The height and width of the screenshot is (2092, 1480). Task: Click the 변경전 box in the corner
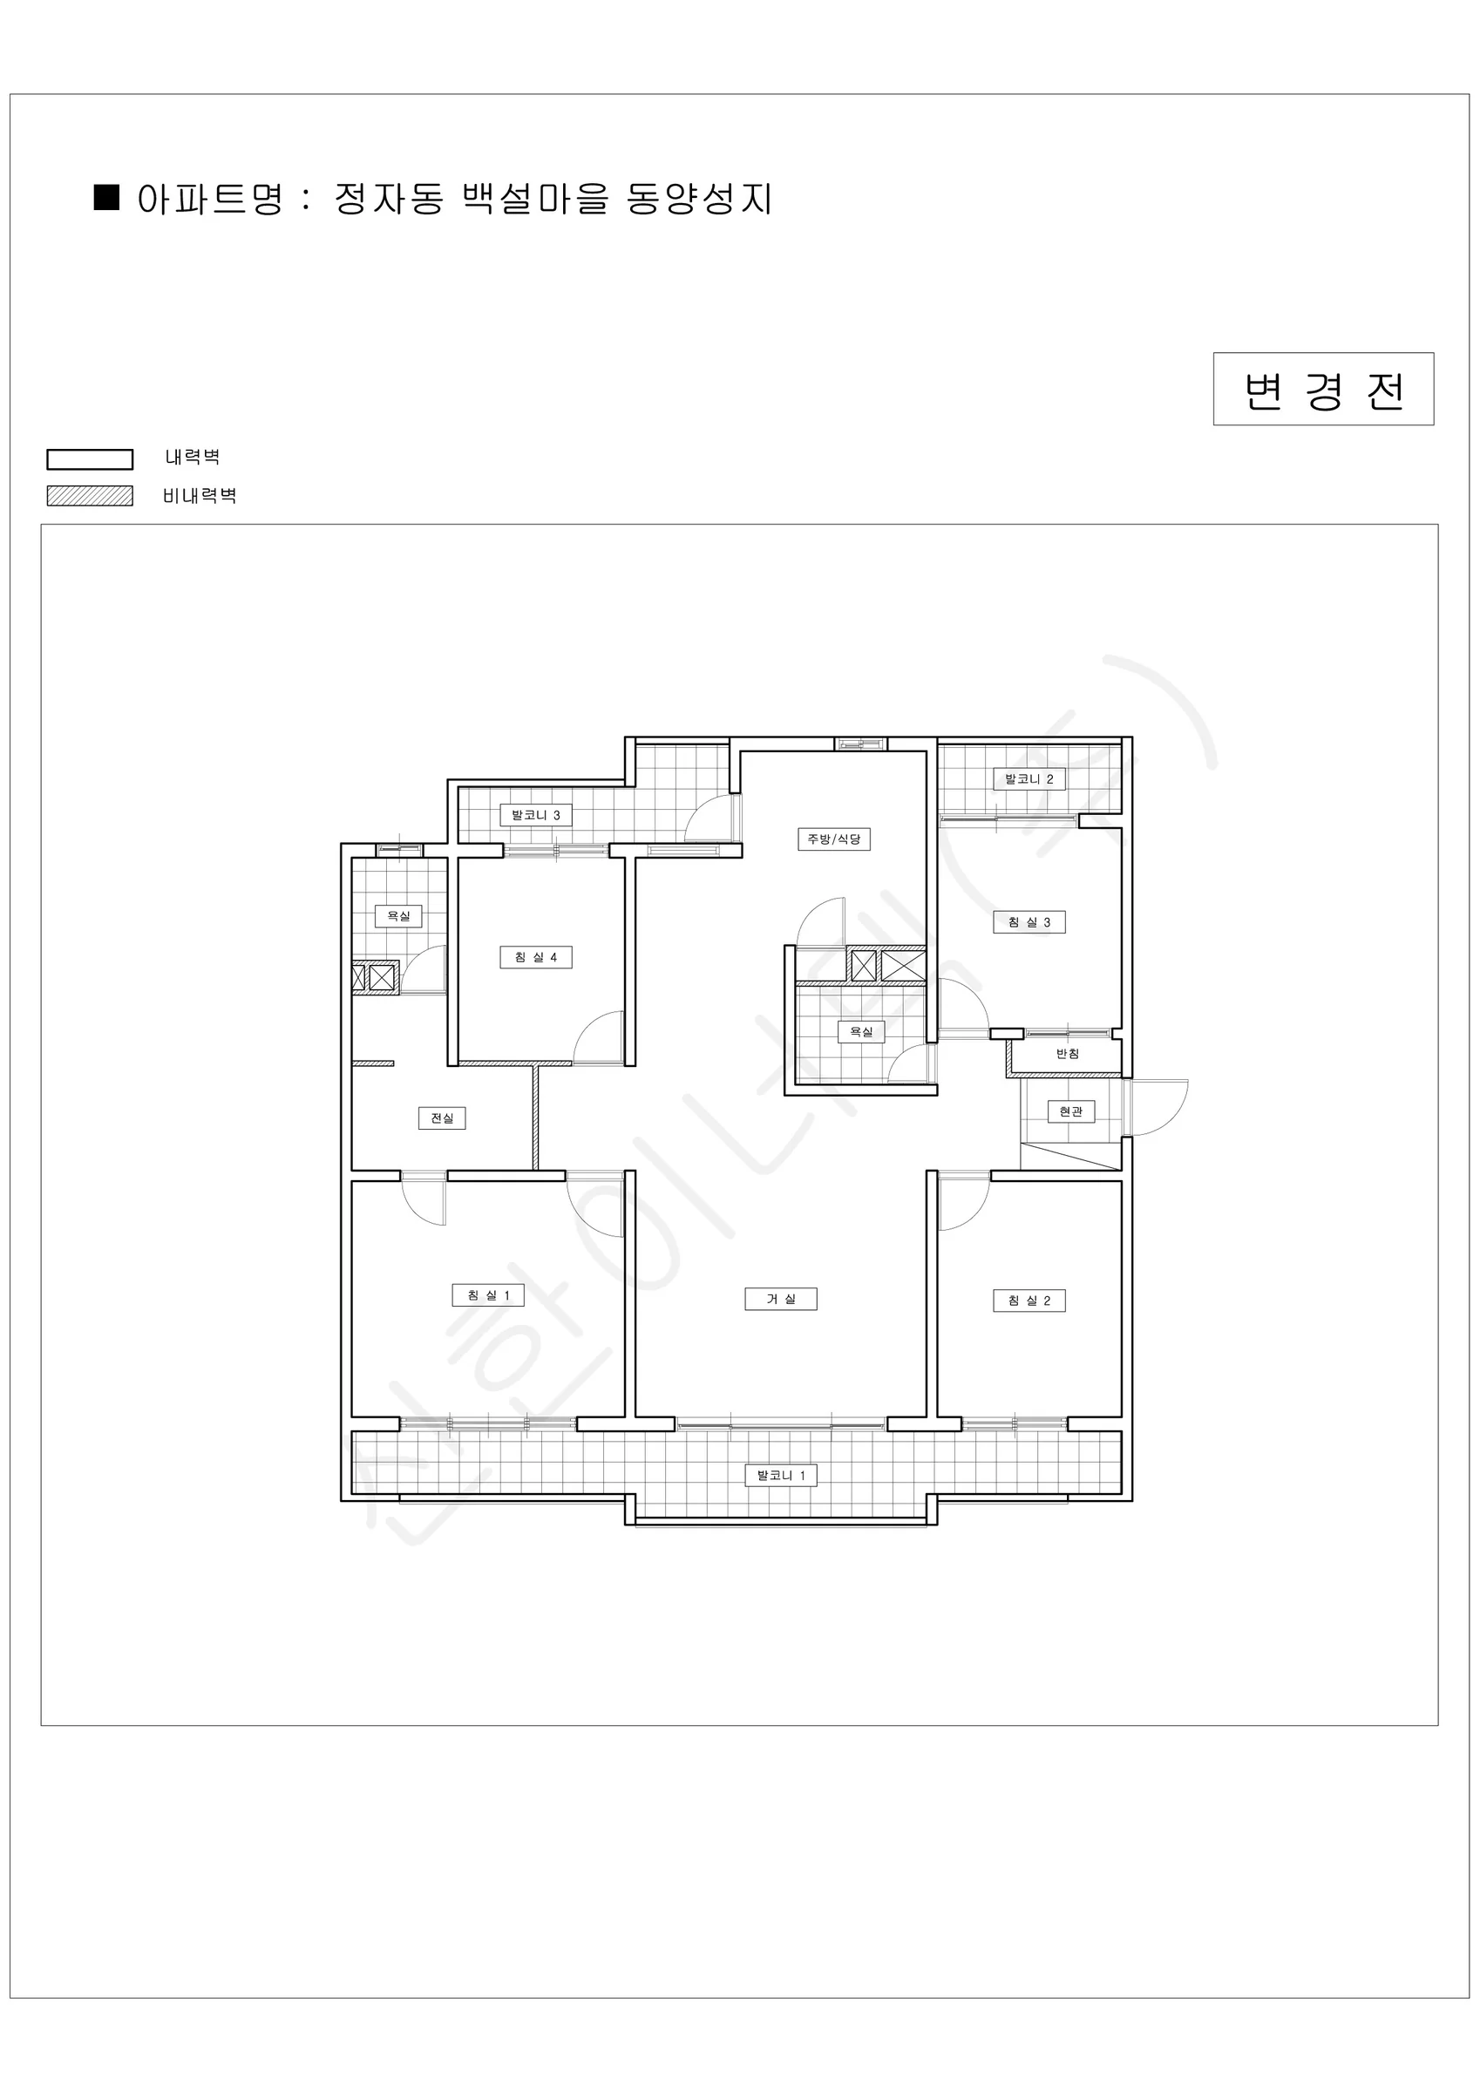pyautogui.click(x=1323, y=389)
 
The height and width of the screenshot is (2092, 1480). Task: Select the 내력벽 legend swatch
pyautogui.click(x=89, y=459)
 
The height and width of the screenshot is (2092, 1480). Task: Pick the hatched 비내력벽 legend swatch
pyautogui.click(x=89, y=496)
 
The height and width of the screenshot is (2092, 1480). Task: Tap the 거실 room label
pyautogui.click(x=781, y=1300)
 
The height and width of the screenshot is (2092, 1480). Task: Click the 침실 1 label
pyautogui.click(x=488, y=1295)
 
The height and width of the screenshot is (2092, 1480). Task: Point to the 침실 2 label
pyautogui.click(x=1029, y=1301)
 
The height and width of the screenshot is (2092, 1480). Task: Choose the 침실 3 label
pyautogui.click(x=1029, y=922)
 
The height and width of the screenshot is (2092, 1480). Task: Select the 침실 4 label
pyautogui.click(x=536, y=958)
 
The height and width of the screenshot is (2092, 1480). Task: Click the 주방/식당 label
pyautogui.click(x=834, y=839)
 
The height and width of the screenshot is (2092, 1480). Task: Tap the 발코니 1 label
pyautogui.click(x=781, y=1475)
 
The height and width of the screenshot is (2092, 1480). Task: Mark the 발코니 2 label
pyautogui.click(x=1029, y=779)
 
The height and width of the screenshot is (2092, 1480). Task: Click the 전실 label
pyautogui.click(x=442, y=1118)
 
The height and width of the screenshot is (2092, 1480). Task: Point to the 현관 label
pyautogui.click(x=1071, y=1111)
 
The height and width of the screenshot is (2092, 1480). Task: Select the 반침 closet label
pyautogui.click(x=1067, y=1054)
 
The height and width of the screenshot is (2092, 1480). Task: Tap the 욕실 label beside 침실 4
pyautogui.click(x=398, y=916)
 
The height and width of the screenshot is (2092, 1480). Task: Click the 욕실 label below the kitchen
pyautogui.click(x=861, y=1031)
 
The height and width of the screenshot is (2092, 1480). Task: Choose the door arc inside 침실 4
pyautogui.click(x=587, y=1025)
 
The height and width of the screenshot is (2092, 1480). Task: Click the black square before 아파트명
pyautogui.click(x=106, y=198)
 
